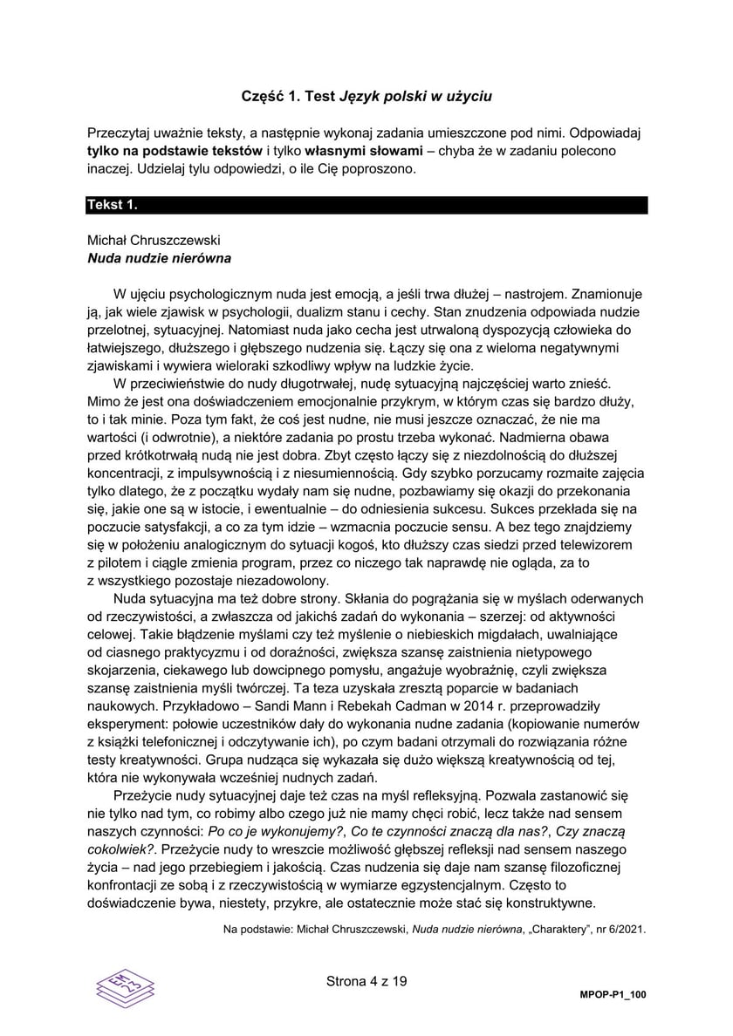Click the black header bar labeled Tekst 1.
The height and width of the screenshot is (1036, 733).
(x=366, y=206)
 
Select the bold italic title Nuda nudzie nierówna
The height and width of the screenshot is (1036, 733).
(x=160, y=258)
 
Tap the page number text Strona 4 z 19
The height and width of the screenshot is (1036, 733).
(x=366, y=981)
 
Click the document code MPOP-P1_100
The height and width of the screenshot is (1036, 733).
(x=613, y=995)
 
